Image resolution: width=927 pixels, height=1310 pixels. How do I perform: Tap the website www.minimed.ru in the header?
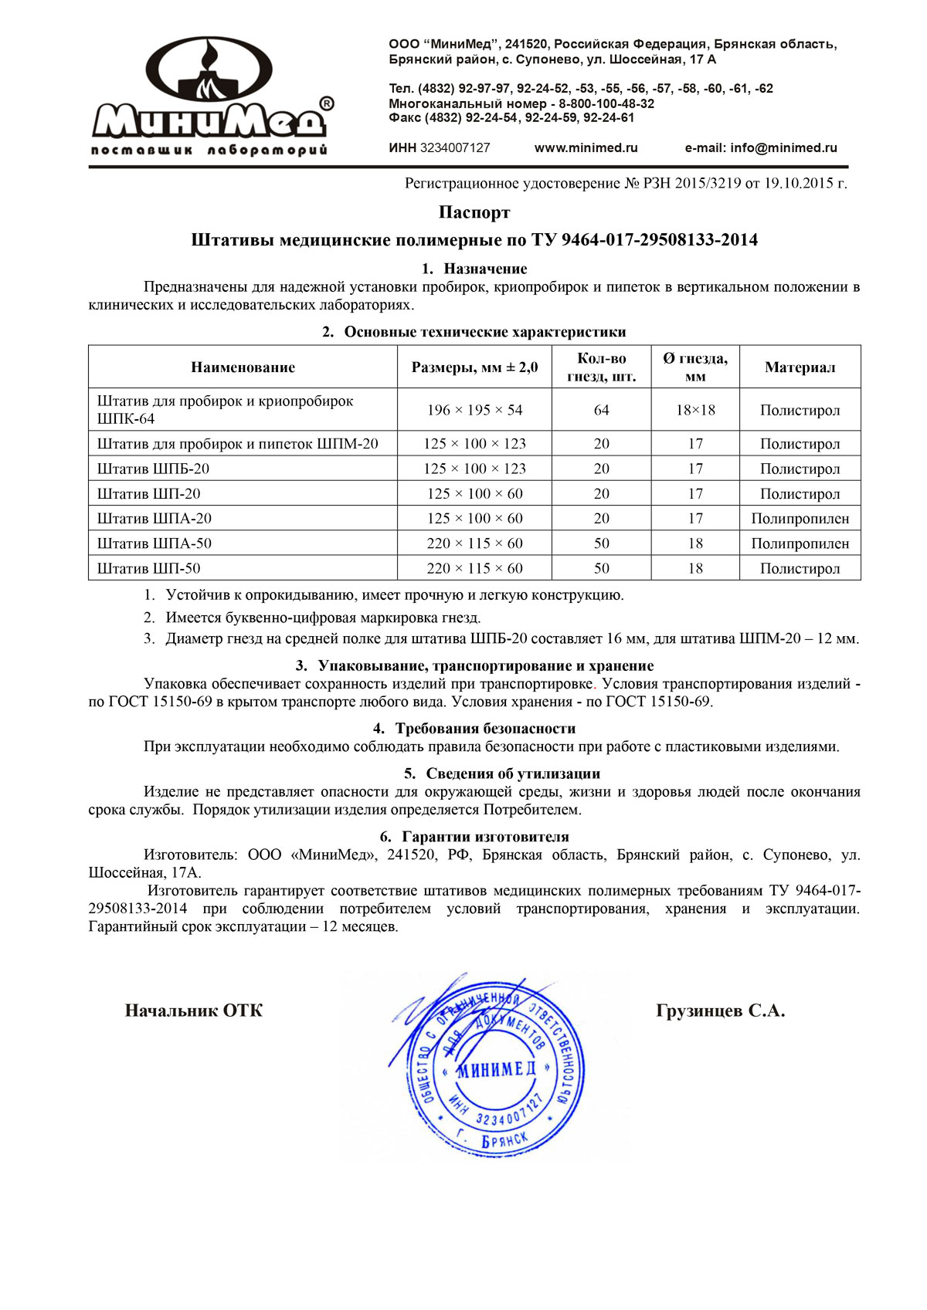click(x=586, y=147)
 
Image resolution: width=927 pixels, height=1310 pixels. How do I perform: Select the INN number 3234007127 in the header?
click(x=454, y=147)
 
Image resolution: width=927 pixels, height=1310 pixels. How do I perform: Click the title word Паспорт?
click(x=474, y=212)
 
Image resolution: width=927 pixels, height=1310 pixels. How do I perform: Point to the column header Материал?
click(x=800, y=367)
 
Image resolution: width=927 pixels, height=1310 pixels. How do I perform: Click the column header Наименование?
click(x=243, y=367)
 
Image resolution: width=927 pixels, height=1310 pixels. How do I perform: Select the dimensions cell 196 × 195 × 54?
click(x=474, y=410)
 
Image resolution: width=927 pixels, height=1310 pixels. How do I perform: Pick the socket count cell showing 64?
click(x=601, y=410)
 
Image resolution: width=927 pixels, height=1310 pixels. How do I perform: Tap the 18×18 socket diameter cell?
click(x=695, y=410)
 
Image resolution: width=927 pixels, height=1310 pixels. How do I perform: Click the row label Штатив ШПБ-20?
click(x=153, y=469)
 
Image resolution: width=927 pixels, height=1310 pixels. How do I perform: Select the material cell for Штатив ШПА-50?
click(x=800, y=543)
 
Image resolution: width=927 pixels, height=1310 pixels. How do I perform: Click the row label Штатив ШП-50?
click(x=148, y=568)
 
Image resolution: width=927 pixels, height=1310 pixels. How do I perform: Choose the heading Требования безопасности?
click(x=485, y=728)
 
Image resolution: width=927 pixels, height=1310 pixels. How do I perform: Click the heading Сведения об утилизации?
click(x=513, y=773)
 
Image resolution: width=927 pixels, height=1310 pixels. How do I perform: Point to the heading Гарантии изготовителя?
click(x=485, y=836)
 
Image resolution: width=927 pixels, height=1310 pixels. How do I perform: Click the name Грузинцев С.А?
click(x=720, y=1010)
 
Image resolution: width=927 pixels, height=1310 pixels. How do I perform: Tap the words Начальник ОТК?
click(x=193, y=1010)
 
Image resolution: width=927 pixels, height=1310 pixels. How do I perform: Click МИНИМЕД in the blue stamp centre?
click(x=496, y=1069)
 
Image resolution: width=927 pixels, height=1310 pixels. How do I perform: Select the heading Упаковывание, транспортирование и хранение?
click(x=485, y=665)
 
